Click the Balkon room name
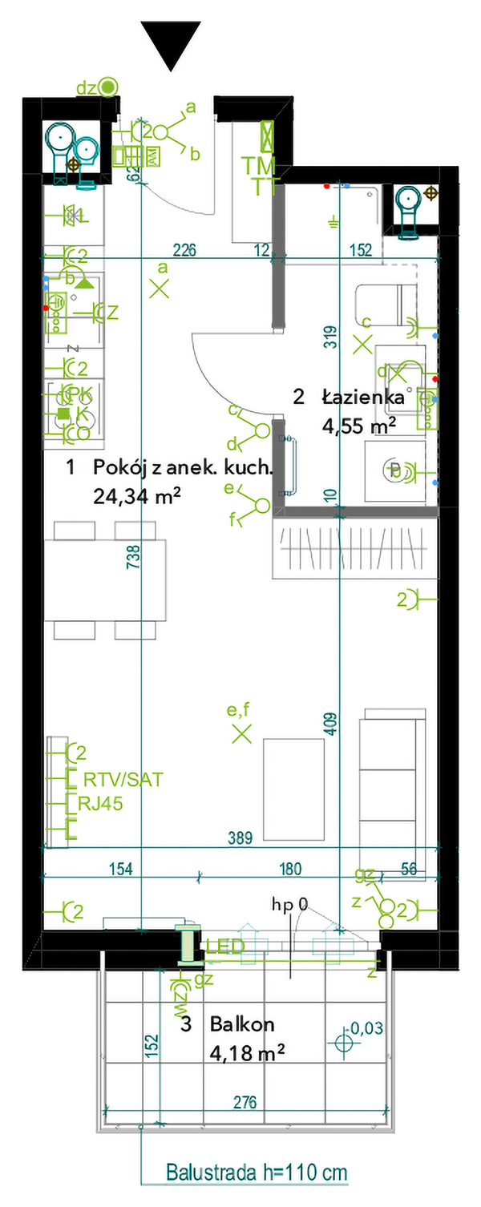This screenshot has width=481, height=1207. [242, 1023]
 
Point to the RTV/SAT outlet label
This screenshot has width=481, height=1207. [123, 779]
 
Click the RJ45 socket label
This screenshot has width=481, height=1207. [100, 804]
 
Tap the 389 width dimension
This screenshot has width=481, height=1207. [239, 838]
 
